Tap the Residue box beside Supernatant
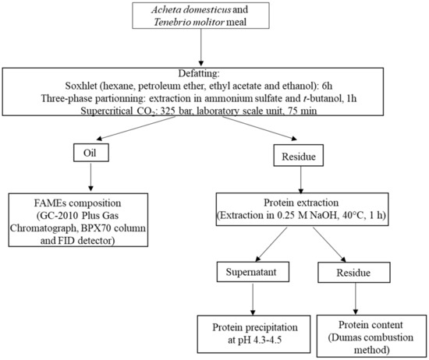point(342,274)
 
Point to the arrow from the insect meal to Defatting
point(204,52)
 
